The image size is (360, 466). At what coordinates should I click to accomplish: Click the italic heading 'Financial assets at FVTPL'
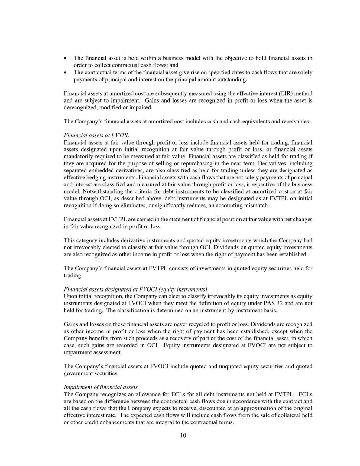pos(96,135)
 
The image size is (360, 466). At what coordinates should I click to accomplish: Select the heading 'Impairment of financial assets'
pos(101,387)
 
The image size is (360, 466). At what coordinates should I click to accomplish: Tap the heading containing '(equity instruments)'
pos(135,289)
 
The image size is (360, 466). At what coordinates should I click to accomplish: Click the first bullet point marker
pos(66,58)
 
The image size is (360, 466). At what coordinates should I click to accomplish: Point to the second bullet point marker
pos(66,73)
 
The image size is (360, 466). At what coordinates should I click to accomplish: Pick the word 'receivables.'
pos(296,122)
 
